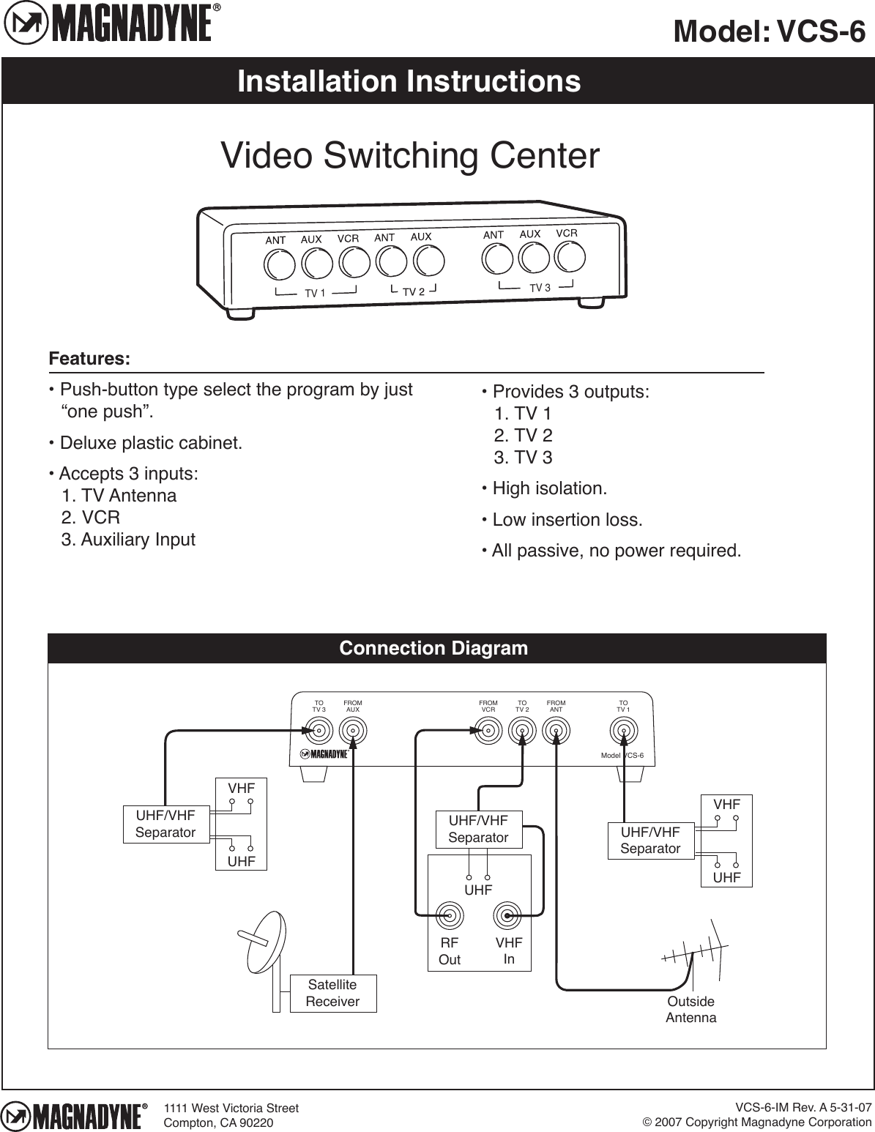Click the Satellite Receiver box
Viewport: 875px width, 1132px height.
[x=333, y=993]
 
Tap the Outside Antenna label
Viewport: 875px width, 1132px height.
[x=690, y=1010]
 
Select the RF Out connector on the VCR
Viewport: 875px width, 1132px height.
[x=450, y=915]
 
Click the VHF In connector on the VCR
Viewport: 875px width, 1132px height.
[x=507, y=915]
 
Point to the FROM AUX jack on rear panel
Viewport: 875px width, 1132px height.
[x=353, y=730]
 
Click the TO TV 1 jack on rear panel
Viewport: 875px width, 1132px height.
[x=623, y=730]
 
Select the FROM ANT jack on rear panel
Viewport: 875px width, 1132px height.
[x=556, y=730]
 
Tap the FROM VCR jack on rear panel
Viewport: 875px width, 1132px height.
[x=488, y=730]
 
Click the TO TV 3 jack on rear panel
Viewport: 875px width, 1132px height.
[x=319, y=730]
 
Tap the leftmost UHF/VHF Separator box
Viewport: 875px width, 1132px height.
[x=165, y=824]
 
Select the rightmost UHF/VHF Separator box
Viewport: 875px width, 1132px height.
[x=650, y=841]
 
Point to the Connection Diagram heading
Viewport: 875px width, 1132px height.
[x=433, y=649]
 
